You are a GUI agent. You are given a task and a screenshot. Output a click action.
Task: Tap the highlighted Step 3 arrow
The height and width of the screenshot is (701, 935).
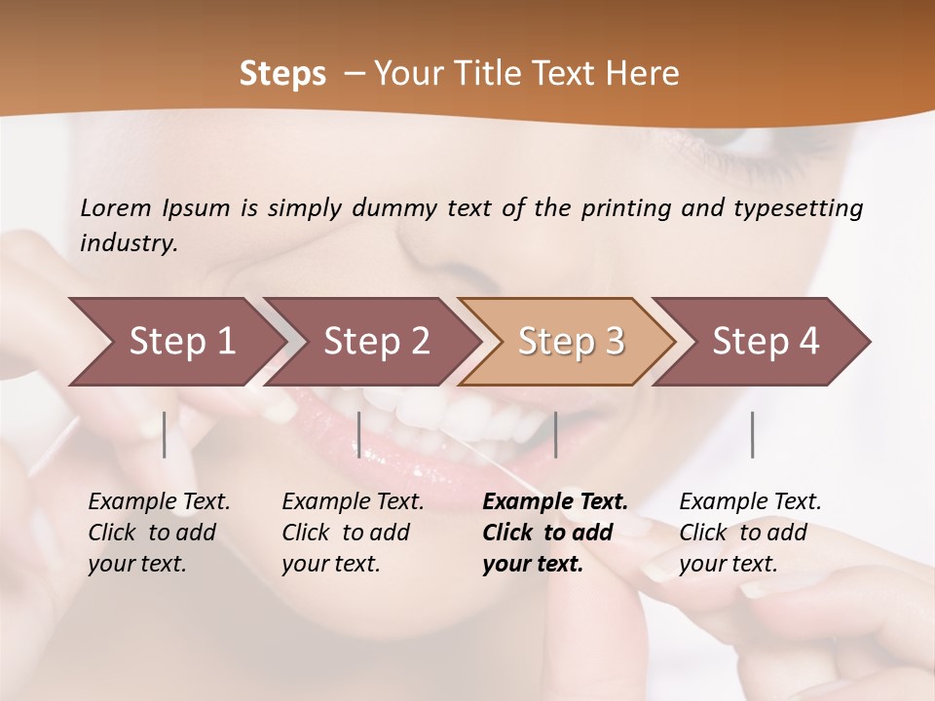[571, 342]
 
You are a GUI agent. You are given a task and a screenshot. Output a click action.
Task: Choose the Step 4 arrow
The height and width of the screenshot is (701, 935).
[766, 342]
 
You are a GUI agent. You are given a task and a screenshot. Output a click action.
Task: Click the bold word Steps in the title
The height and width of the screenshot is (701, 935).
[282, 74]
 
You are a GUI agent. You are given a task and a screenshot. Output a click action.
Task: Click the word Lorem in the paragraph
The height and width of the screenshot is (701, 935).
[116, 208]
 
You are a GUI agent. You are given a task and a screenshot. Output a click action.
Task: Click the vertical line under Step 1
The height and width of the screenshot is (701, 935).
[165, 434]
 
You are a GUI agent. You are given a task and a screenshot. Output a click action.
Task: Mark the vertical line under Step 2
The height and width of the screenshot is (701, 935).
[359, 434]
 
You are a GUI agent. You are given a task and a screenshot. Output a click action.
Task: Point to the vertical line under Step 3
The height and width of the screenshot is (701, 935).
[555, 434]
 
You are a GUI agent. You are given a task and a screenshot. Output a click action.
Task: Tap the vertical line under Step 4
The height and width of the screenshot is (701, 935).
[752, 434]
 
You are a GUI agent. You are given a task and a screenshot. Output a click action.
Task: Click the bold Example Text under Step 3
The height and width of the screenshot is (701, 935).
[555, 502]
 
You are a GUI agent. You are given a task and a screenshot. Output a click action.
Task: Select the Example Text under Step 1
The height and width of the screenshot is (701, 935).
[159, 502]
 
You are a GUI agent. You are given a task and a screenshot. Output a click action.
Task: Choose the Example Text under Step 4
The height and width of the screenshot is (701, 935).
[750, 502]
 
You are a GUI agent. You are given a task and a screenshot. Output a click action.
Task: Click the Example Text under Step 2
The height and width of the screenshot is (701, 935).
[353, 502]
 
